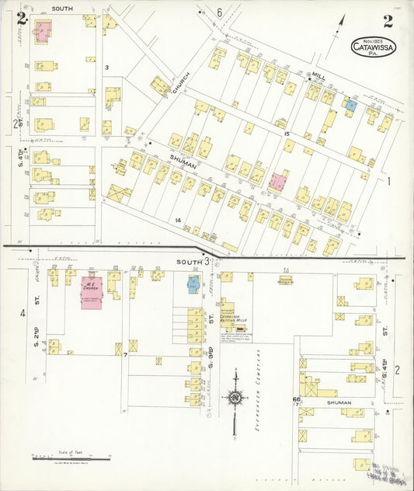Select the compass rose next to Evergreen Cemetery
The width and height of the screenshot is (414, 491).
(235, 398)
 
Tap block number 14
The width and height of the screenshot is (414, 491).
(178, 221)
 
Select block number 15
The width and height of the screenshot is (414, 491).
(287, 134)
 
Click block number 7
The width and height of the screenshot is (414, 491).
(124, 355)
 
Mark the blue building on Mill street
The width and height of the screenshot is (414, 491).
(351, 103)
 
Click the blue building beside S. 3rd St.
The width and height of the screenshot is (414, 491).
(193, 284)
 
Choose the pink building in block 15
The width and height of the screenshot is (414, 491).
(277, 181)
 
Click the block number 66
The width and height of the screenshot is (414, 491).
(296, 399)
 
